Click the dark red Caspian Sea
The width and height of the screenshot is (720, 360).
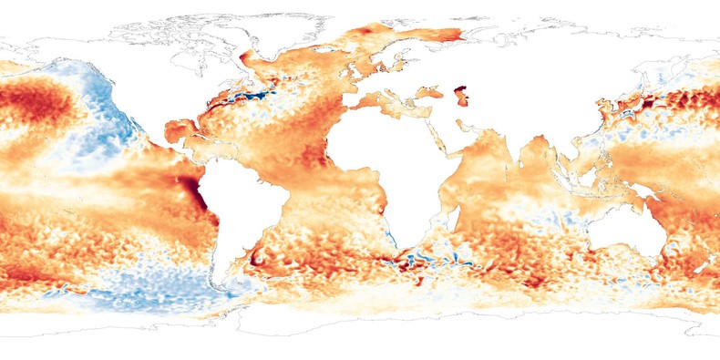click(x=461, y=95)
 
